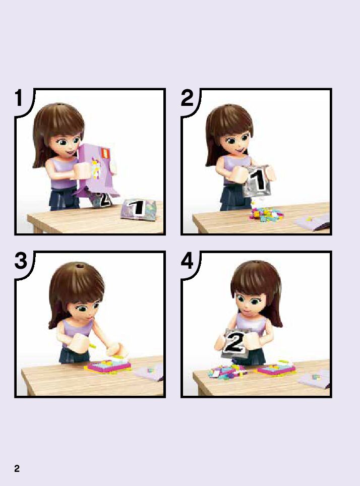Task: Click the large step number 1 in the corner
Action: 19,98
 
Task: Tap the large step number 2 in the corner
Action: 187,98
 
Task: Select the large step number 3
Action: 21,261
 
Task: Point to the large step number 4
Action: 187,261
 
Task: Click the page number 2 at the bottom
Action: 17,468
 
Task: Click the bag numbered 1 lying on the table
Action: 138,209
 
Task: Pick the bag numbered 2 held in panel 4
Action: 236,343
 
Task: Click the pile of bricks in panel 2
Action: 266,214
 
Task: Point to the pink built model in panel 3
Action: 108,365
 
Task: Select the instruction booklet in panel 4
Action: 314,379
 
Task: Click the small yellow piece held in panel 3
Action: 92,345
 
